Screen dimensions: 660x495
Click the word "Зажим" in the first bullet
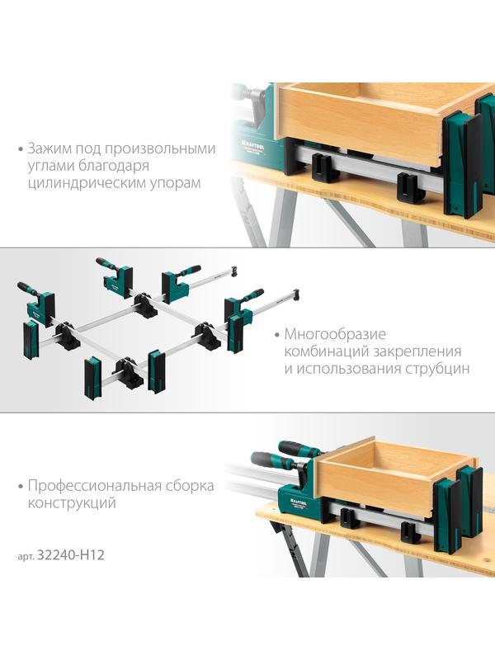(49, 149)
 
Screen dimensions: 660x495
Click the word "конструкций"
(71, 502)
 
